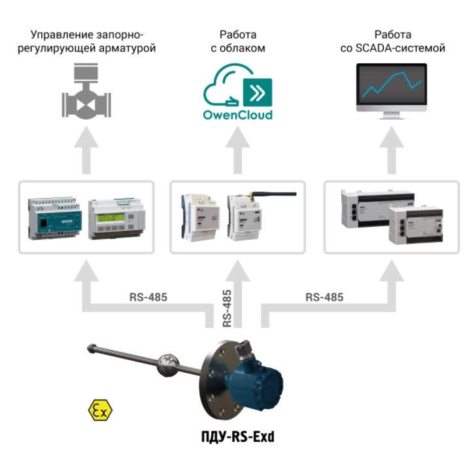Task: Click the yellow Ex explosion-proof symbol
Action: (100, 410)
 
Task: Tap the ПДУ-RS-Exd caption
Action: (238, 437)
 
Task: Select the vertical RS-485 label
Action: (227, 309)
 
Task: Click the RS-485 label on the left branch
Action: (148, 297)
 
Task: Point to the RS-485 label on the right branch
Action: (324, 297)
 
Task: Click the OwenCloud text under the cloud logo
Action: (237, 115)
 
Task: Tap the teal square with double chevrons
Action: (258, 92)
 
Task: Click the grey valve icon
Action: (86, 91)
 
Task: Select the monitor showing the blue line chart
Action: (392, 91)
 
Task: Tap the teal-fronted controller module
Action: (55, 218)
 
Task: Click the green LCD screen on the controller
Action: (110, 218)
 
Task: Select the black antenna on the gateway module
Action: (273, 194)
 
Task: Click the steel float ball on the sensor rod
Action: (168, 365)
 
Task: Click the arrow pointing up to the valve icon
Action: (86, 150)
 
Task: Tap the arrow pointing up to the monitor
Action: (392, 150)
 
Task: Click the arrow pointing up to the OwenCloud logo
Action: (237, 150)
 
